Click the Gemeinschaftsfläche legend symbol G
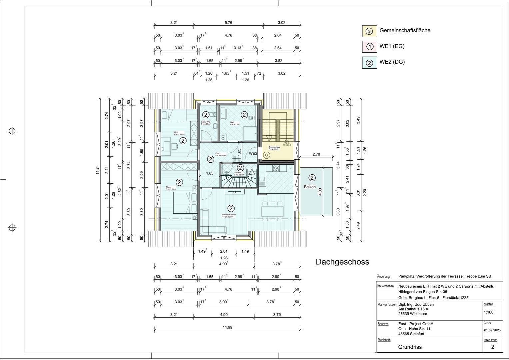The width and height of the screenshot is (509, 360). point(369,31)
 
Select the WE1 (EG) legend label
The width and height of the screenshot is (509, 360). point(392,46)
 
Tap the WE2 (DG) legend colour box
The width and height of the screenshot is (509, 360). point(369,62)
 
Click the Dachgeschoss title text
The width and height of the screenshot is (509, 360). point(342,262)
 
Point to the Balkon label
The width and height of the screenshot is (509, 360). point(309,187)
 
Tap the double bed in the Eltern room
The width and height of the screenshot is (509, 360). point(182,202)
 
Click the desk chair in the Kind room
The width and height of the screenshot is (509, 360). point(174,146)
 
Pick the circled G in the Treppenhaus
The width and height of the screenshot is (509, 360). point(266,155)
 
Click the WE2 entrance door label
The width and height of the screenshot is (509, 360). point(253,154)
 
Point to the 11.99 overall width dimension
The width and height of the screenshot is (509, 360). point(228,327)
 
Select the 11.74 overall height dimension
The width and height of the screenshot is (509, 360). point(97,170)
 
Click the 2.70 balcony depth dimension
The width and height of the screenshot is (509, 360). point(316,154)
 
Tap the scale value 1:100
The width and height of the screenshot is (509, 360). point(488,312)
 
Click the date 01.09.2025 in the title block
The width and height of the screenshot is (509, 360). point(492,330)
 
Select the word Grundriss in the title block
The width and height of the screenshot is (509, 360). point(410,347)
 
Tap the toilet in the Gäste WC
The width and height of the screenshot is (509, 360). point(213,114)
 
